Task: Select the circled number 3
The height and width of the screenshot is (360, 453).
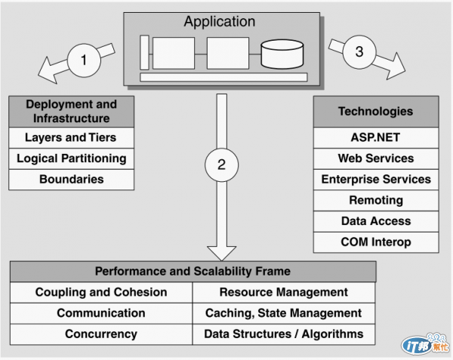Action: [x=359, y=52]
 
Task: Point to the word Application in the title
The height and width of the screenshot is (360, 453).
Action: [x=219, y=21]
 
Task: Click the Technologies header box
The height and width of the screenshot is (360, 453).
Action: [x=375, y=112]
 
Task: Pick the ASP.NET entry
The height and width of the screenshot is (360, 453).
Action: [x=375, y=138]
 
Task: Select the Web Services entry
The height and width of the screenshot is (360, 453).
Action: [x=375, y=158]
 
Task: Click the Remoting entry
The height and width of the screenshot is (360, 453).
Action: [x=375, y=200]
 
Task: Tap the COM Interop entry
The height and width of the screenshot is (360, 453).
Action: [x=375, y=242]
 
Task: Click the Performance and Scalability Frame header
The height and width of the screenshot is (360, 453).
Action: [x=193, y=272]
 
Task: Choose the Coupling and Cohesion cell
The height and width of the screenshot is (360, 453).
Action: [x=101, y=292]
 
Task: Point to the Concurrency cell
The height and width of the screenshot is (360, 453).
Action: [x=101, y=334]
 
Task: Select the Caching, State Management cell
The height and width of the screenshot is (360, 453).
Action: [x=284, y=312]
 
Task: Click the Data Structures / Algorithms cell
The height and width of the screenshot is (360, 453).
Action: [x=284, y=334]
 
